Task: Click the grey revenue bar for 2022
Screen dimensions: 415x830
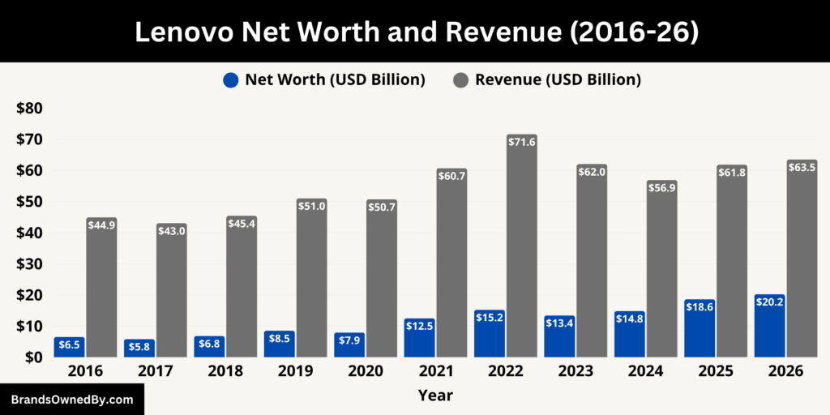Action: tap(522, 251)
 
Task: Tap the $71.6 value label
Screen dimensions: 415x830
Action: tap(522, 142)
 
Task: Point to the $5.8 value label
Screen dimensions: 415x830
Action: tap(139, 347)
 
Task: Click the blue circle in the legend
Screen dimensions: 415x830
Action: tap(231, 80)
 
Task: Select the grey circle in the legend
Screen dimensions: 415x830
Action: tap(461, 80)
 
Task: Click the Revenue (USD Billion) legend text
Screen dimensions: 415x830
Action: tap(558, 80)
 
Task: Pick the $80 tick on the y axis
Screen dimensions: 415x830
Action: tap(29, 109)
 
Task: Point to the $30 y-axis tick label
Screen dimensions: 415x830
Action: tap(29, 264)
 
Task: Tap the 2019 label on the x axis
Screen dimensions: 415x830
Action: tap(295, 371)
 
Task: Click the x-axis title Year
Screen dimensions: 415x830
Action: tap(435, 396)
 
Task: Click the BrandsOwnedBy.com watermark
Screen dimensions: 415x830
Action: tap(72, 400)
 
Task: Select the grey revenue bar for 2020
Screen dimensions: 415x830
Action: tap(381, 284)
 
